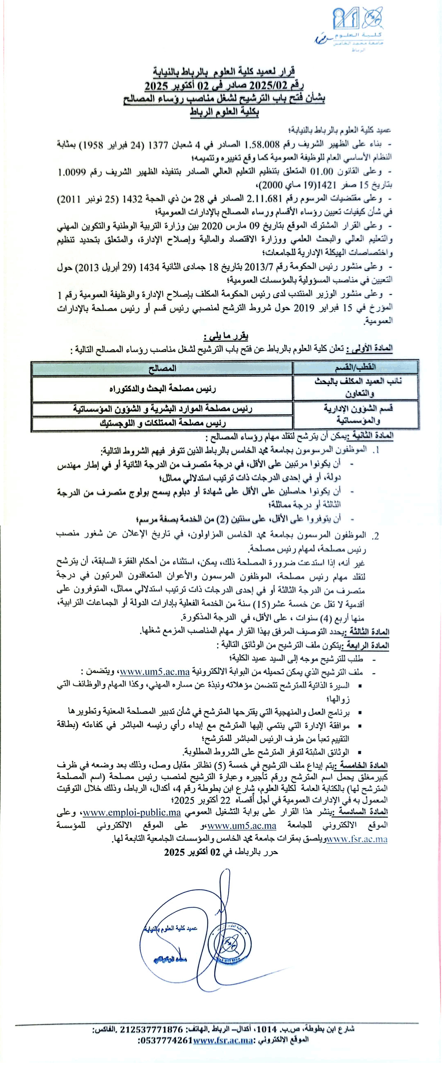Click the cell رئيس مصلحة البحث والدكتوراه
pos(162,388)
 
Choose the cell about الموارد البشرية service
pos(162,408)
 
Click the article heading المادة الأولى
pos(372,349)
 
